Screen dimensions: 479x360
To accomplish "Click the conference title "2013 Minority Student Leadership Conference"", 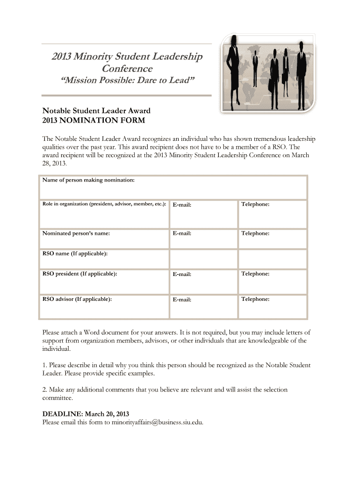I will [127, 63].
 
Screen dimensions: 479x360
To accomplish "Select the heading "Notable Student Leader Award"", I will [96, 111].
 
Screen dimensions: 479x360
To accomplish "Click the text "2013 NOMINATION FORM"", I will [94, 120].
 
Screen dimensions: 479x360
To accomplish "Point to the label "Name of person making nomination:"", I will [88, 180].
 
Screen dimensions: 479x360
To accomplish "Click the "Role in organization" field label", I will [104, 204].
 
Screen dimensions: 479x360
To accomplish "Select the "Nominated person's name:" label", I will [76, 233].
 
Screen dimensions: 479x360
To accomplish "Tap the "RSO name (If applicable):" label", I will [75, 254].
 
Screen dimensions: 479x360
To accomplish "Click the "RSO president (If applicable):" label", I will [79, 274].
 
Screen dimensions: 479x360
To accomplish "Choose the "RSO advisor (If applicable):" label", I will [77, 299].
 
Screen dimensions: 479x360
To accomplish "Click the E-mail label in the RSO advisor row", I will [182, 299].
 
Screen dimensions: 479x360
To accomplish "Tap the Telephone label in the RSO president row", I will [255, 274].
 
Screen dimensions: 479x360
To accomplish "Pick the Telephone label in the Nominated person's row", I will [255, 233].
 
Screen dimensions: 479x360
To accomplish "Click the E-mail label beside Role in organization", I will [182, 205].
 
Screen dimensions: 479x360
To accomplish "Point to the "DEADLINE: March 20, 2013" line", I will [86, 414].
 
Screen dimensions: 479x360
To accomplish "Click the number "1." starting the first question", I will [45, 365].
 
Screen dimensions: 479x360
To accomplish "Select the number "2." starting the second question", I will [45, 390].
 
